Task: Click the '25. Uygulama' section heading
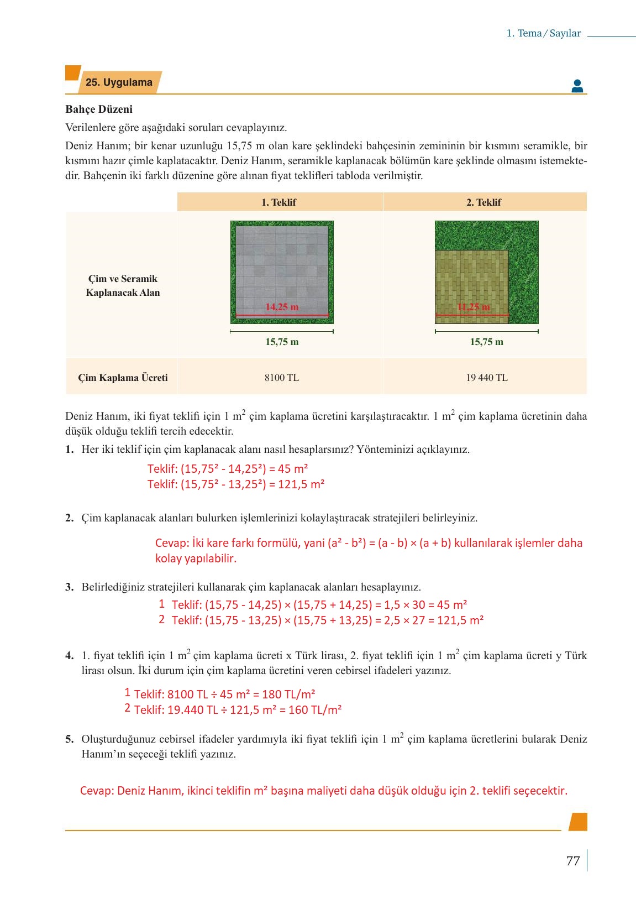pyautogui.click(x=119, y=82)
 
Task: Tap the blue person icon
pyautogui.click(x=577, y=86)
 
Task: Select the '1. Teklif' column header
pyautogui.click(x=279, y=202)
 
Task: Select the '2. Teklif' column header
pyautogui.click(x=483, y=202)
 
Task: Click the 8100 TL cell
pyautogui.click(x=281, y=378)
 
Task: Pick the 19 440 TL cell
pyautogui.click(x=486, y=378)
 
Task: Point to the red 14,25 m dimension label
pyautogui.click(x=282, y=307)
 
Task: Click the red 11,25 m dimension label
pyautogui.click(x=474, y=307)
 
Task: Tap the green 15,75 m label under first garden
pyautogui.click(x=282, y=342)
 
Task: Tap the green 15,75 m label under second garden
pyautogui.click(x=486, y=342)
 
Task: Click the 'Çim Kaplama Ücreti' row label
pyautogui.click(x=123, y=378)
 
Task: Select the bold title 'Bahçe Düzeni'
pyautogui.click(x=99, y=109)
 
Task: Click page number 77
pyautogui.click(x=573, y=861)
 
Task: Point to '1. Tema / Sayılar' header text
pyautogui.click(x=543, y=33)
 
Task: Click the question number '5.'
pyautogui.click(x=69, y=739)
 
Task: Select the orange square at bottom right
pyautogui.click(x=577, y=822)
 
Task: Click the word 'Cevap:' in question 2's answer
pyautogui.click(x=172, y=543)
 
